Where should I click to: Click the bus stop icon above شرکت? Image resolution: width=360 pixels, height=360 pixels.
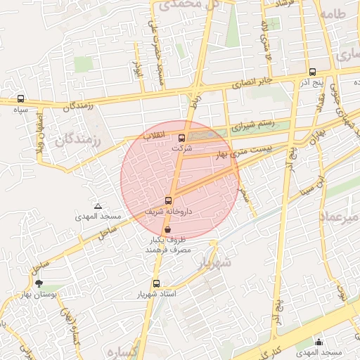pyautogui.click(x=182, y=138)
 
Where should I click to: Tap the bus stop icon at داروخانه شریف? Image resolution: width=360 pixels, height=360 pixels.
pyautogui.click(x=168, y=200)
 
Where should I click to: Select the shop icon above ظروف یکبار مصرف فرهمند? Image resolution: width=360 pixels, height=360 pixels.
pyautogui.click(x=167, y=229)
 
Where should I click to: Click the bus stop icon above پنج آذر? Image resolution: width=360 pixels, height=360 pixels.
pyautogui.click(x=312, y=72)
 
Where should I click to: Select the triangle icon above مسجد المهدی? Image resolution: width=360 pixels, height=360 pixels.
pyautogui.click(x=98, y=207)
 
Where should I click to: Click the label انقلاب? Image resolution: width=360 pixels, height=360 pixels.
pyautogui.click(x=154, y=134)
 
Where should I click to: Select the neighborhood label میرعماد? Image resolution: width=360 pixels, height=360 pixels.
pyautogui.click(x=340, y=217)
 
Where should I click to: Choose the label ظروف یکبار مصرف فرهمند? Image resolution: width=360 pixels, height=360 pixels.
pyautogui.click(x=164, y=245)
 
